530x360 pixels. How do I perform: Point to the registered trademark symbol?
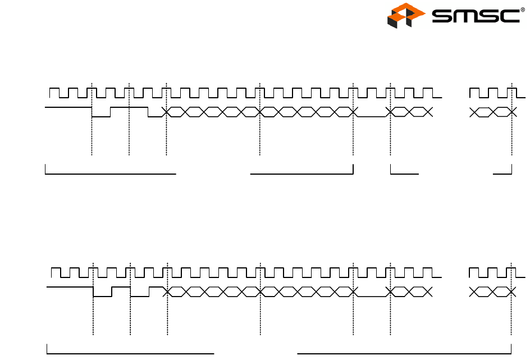tap(523, 8)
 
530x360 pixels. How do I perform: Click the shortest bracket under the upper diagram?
tap(503, 173)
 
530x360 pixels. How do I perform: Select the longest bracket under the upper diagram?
tap(110, 174)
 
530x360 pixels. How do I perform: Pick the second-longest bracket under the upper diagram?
tap(302, 174)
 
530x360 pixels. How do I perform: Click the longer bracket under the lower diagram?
tap(404, 353)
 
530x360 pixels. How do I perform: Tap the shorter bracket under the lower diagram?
tap(130, 353)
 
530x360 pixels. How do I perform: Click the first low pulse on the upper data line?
tap(101, 116)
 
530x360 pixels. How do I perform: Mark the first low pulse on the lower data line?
tap(102, 296)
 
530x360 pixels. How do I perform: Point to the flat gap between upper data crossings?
tap(371, 117)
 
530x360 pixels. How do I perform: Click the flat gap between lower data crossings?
tap(371, 296)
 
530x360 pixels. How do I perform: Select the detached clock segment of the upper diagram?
tap(492, 93)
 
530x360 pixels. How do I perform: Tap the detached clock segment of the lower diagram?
tap(492, 272)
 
